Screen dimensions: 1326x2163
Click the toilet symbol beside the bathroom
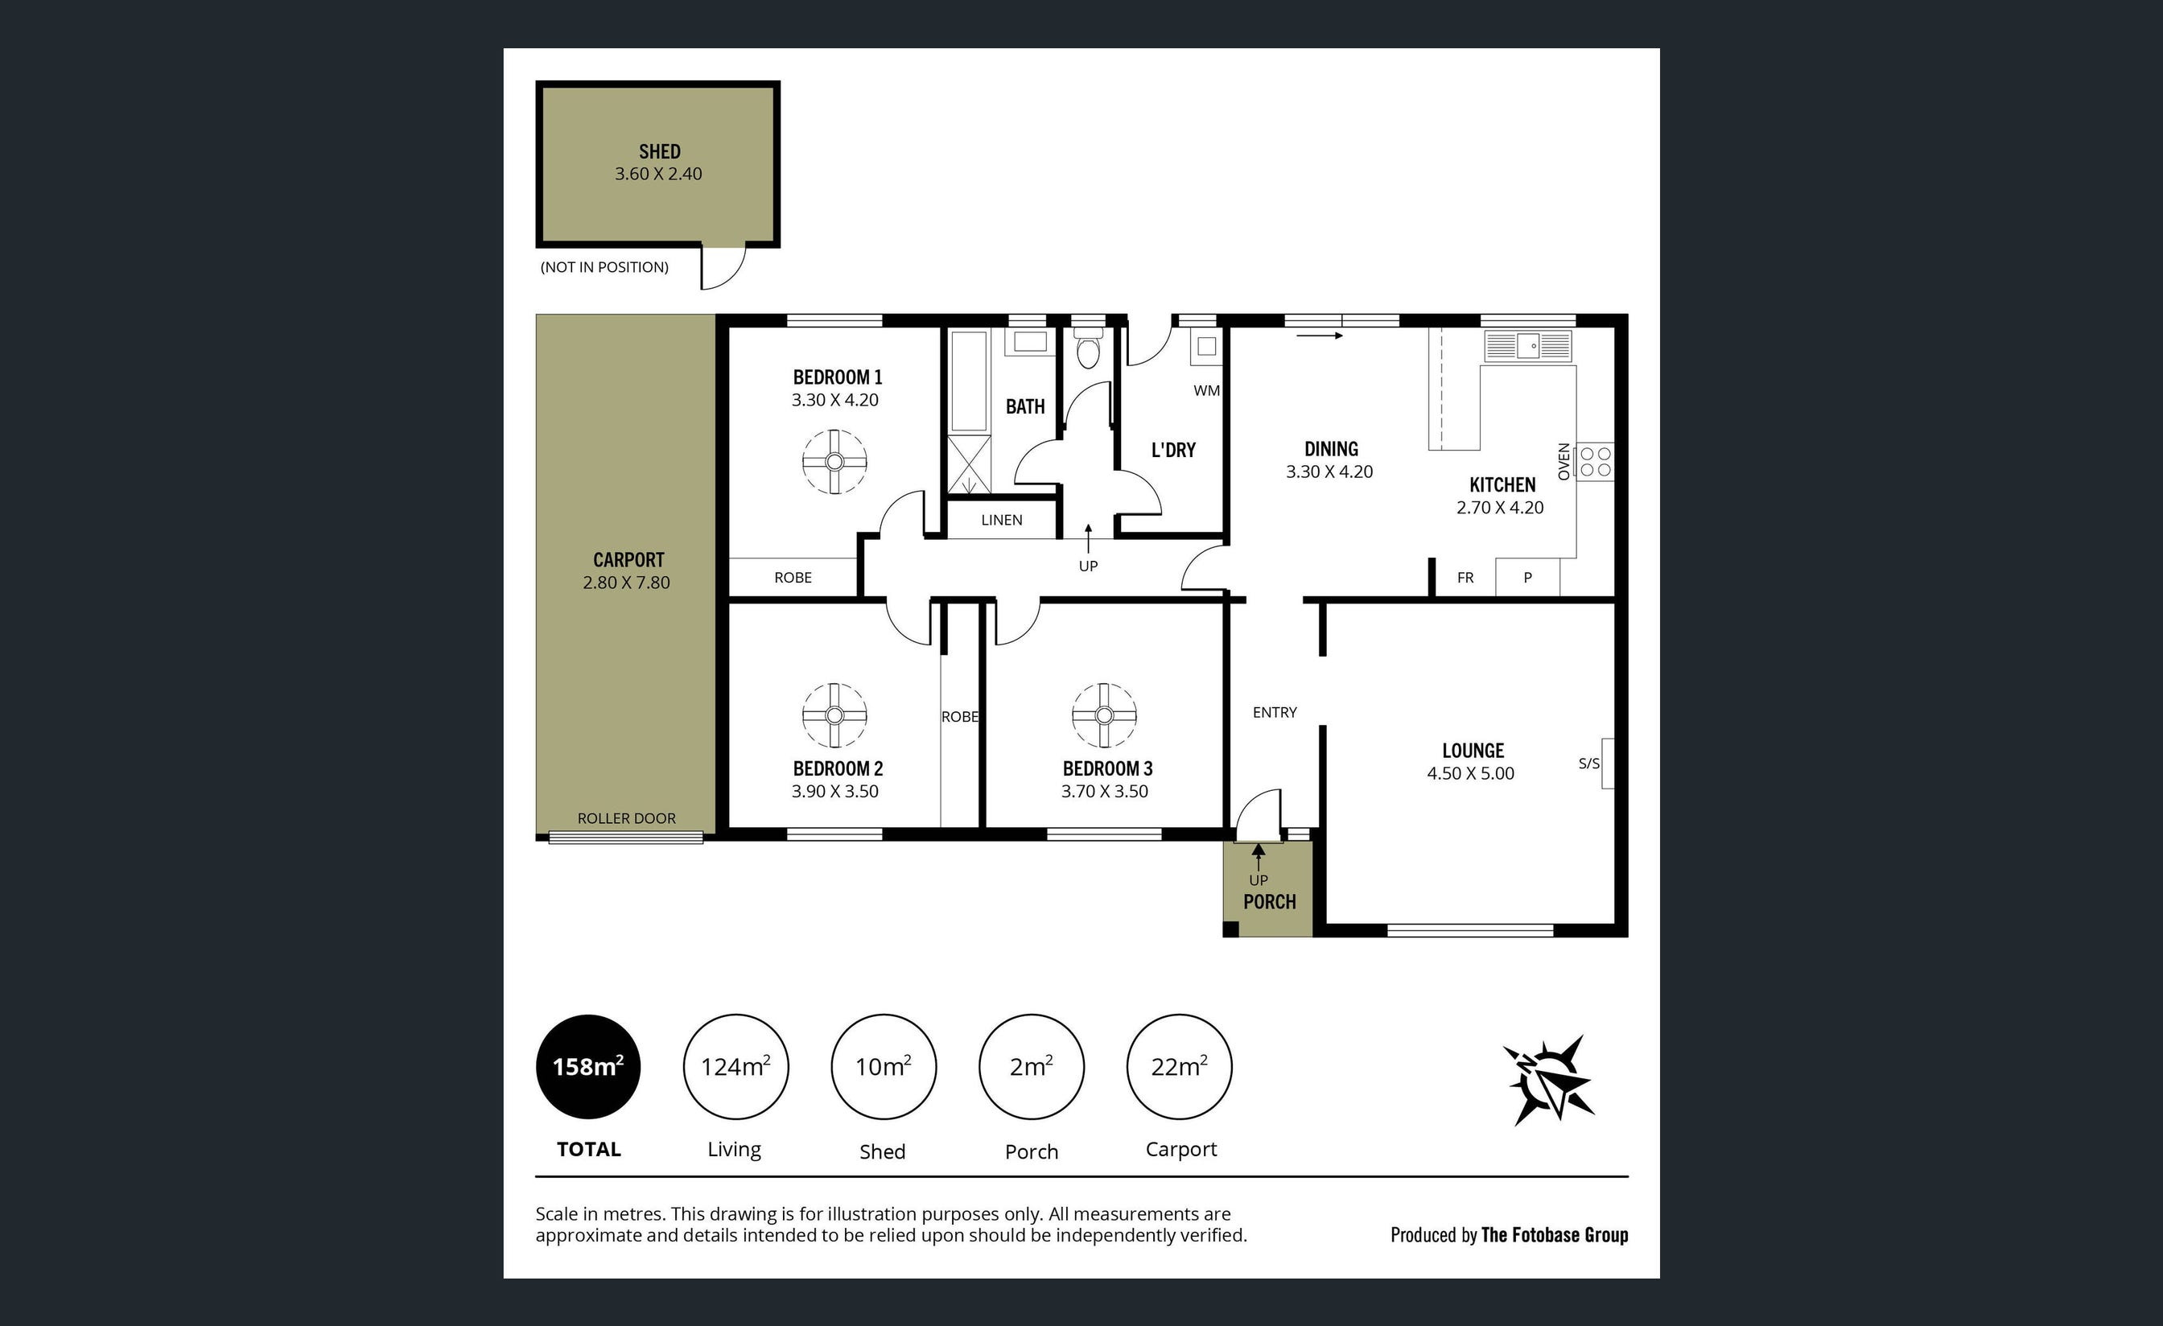pyautogui.click(x=1089, y=351)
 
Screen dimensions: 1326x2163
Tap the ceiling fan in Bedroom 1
pyautogui.click(x=834, y=462)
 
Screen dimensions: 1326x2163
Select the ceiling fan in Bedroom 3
pyautogui.click(x=1104, y=715)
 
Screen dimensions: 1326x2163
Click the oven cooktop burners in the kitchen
pyautogui.click(x=1595, y=462)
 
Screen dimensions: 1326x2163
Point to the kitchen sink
pyautogui.click(x=1527, y=346)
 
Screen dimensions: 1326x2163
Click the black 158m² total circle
pyautogui.click(x=588, y=1066)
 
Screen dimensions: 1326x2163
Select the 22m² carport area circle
pyautogui.click(x=1179, y=1066)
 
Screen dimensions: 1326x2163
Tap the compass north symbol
pyautogui.click(x=1549, y=1081)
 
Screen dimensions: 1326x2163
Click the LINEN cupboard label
pyautogui.click(x=1002, y=520)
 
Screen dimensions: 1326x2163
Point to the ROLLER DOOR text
pyautogui.click(x=627, y=818)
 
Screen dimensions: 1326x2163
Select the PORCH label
pyautogui.click(x=1269, y=901)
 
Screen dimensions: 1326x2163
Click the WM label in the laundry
pyautogui.click(x=1206, y=390)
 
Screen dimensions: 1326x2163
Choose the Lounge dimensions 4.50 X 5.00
pyautogui.click(x=1470, y=773)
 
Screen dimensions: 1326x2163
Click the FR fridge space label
pyautogui.click(x=1465, y=578)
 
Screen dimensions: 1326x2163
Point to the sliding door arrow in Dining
pyautogui.click(x=1320, y=336)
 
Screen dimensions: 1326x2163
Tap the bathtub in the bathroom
pyautogui.click(x=968, y=381)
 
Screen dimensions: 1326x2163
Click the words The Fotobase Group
pyautogui.click(x=1554, y=1235)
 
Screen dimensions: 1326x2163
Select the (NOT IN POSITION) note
pyautogui.click(x=604, y=267)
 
